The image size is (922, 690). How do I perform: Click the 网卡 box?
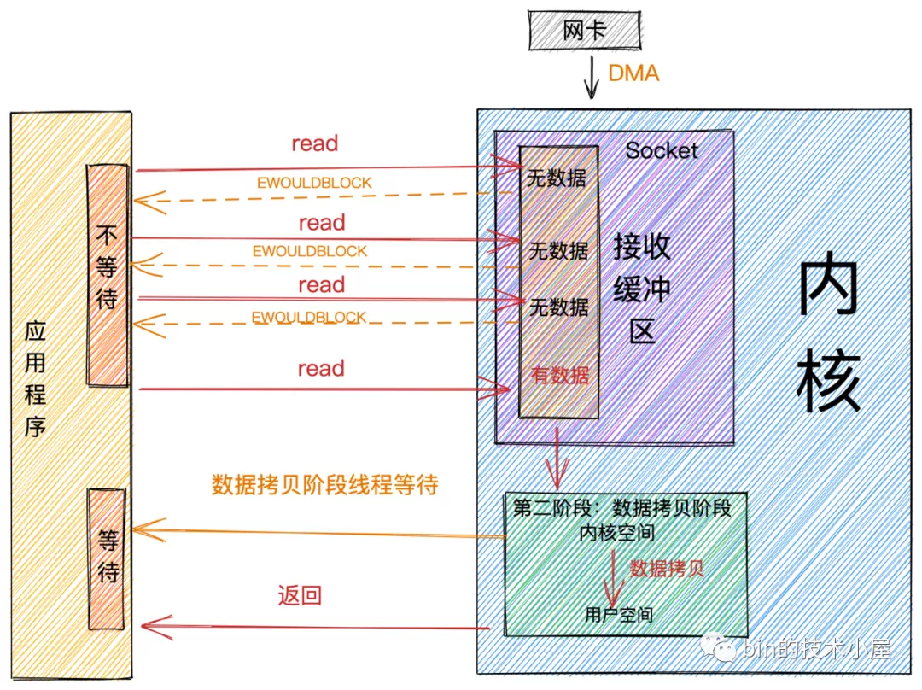point(584,32)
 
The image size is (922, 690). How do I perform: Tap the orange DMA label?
point(633,73)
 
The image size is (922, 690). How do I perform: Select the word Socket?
point(662,151)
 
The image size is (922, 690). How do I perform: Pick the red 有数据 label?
point(560,375)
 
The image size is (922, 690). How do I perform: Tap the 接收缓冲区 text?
point(642,289)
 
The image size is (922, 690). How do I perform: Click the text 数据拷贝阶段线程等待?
point(324,485)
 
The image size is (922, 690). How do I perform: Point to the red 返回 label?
point(300,595)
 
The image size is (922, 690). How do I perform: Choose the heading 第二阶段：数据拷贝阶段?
point(621,507)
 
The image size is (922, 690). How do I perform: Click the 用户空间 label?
point(619,615)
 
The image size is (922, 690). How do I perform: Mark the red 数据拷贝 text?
point(667,569)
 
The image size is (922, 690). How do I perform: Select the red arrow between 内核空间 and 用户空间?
point(612,576)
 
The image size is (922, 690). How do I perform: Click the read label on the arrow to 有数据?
point(320,369)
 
